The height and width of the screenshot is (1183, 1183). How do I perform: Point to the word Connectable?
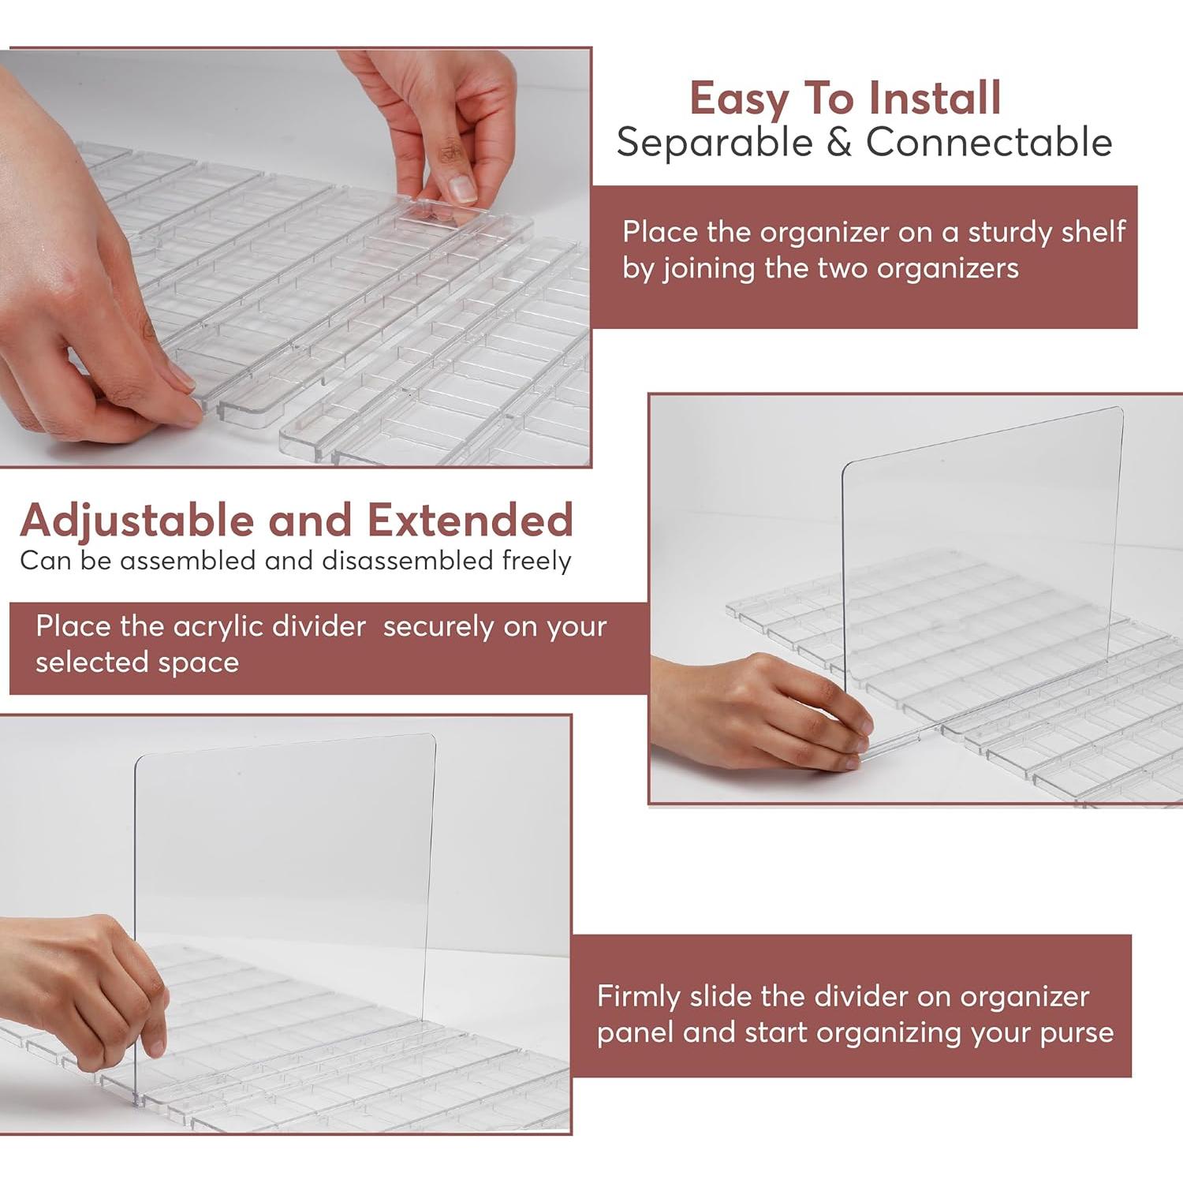tap(989, 143)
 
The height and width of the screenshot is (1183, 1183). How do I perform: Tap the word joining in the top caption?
tap(709, 270)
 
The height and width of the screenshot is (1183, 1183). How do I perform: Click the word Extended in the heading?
tap(470, 521)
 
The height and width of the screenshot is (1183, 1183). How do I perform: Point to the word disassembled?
tap(408, 561)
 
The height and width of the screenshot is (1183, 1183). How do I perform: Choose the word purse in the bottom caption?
tap(1077, 1034)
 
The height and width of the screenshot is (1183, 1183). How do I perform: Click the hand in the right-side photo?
tap(761, 711)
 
